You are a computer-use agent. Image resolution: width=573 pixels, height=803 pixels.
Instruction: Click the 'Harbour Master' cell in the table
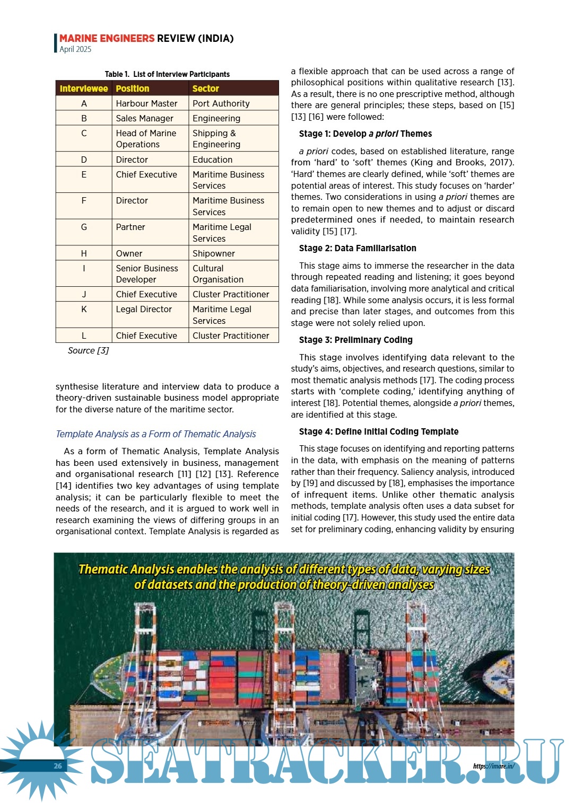click(146, 103)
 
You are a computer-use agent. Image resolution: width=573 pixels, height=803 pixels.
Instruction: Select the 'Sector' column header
click(206, 89)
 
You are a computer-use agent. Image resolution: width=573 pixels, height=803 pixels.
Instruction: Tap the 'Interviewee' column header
click(84, 89)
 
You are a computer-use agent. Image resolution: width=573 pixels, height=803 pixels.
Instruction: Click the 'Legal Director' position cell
click(144, 309)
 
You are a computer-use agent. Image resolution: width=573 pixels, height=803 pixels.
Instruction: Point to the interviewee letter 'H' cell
click(84, 253)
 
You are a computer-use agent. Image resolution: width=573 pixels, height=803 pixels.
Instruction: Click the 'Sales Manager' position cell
click(144, 118)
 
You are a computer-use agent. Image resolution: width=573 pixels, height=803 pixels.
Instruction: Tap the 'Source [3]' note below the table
click(88, 350)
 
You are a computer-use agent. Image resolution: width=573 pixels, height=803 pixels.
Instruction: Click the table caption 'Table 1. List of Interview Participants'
click(167, 74)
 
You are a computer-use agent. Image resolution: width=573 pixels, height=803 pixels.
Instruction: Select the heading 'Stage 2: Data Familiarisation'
click(358, 248)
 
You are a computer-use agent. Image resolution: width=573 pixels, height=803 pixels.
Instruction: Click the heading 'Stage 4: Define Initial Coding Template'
click(379, 431)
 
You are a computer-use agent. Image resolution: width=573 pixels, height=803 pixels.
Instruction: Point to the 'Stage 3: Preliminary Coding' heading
click(355, 340)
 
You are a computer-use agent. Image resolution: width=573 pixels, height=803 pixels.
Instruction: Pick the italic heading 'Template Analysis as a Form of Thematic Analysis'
click(156, 434)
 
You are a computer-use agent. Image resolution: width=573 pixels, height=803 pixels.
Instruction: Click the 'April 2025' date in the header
click(75, 49)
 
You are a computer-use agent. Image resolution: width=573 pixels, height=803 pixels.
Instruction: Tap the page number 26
click(58, 765)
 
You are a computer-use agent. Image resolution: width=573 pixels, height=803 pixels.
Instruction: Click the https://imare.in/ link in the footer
click(493, 766)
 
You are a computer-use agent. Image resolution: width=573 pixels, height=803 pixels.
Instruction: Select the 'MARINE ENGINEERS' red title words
click(107, 38)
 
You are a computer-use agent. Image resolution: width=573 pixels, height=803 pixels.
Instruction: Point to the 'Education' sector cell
click(212, 160)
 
